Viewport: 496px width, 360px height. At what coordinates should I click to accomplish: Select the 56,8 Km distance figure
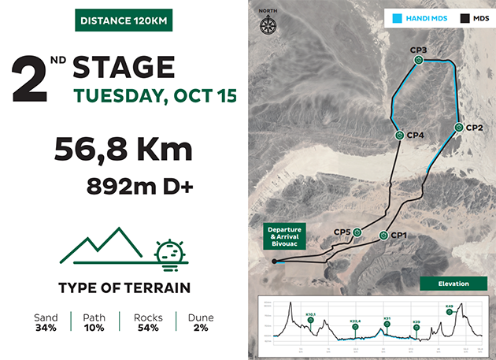pyautogui.click(x=123, y=150)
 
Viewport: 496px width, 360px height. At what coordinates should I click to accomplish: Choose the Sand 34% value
pyautogui.click(x=46, y=328)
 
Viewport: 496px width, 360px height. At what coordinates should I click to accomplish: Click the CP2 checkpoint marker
pyautogui.click(x=458, y=127)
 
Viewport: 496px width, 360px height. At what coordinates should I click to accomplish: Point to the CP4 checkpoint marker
pyautogui.click(x=400, y=135)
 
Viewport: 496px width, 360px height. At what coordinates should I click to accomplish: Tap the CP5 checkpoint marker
pyautogui.click(x=357, y=232)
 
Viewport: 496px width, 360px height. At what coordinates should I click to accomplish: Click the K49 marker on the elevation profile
pyautogui.click(x=449, y=311)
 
